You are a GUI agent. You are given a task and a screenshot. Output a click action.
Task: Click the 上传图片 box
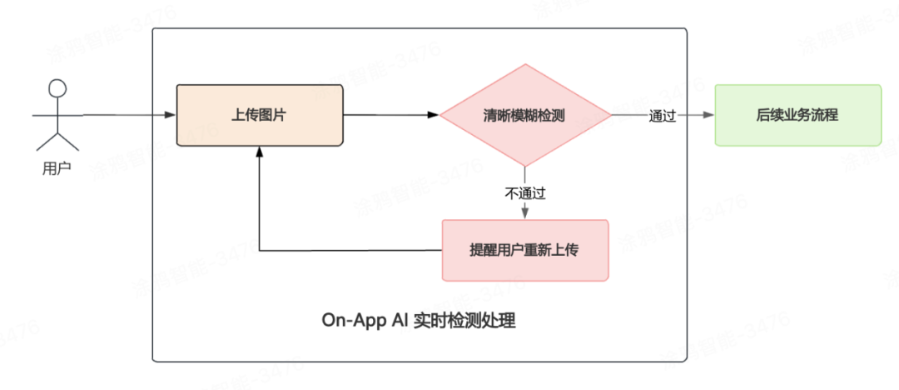(259, 115)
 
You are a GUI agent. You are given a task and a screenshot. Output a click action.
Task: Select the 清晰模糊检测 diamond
(524, 115)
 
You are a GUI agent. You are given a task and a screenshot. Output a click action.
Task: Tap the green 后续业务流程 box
(797, 115)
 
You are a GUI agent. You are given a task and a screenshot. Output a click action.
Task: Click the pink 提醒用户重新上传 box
(524, 250)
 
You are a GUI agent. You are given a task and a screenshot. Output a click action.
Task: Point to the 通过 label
(662, 117)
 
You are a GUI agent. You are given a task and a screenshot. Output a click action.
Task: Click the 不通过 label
(524, 193)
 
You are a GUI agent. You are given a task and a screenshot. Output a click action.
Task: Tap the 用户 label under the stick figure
(57, 168)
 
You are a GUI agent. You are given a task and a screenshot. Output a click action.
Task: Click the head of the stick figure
(57, 87)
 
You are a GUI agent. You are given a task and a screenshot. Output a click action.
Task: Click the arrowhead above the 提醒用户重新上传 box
(524, 214)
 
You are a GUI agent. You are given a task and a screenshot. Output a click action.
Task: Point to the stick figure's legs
(57, 140)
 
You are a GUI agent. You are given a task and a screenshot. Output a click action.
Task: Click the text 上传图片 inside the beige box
(259, 115)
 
